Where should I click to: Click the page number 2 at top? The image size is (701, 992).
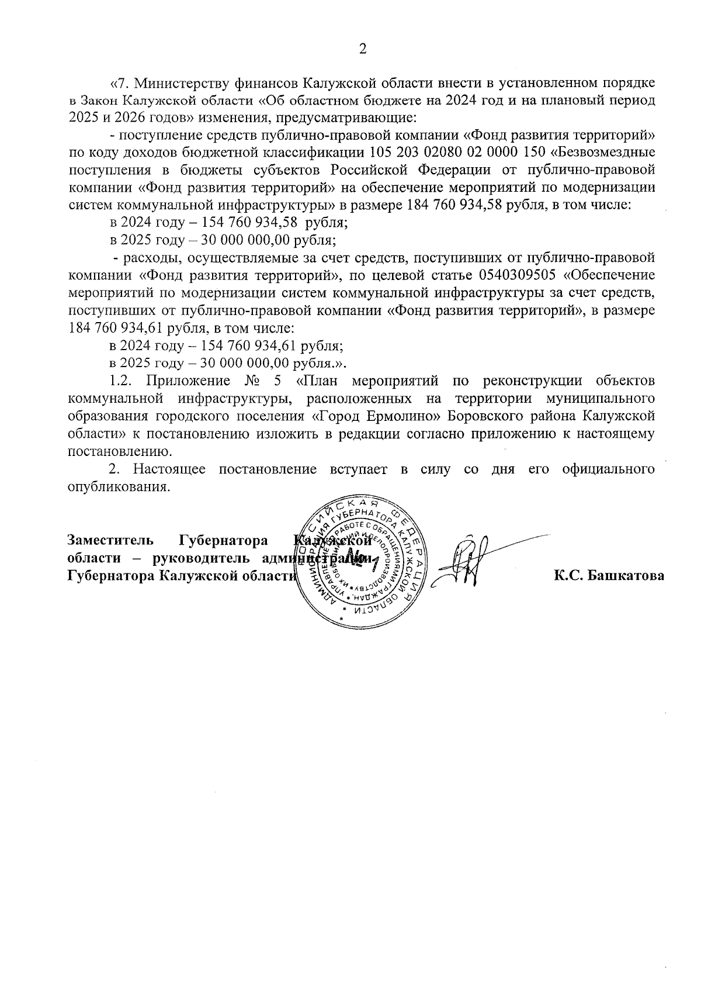tap(362, 49)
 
